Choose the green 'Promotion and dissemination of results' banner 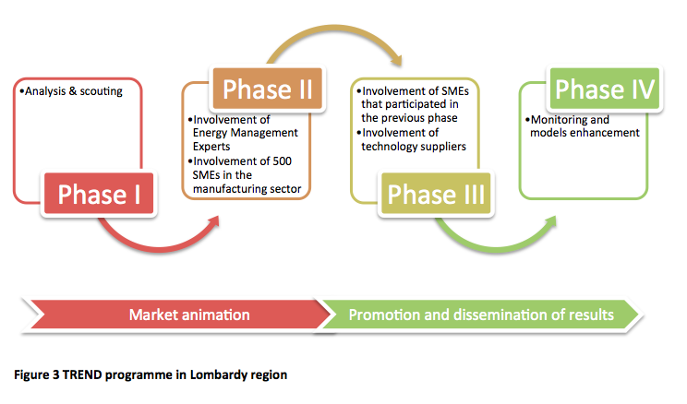coord(480,315)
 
